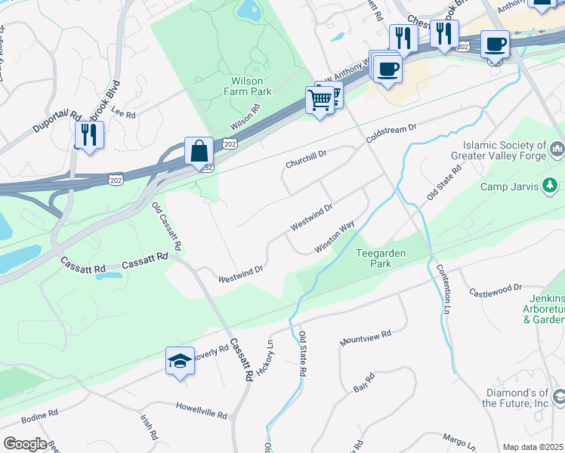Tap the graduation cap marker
click(181, 362)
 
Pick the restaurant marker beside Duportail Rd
click(89, 135)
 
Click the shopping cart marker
click(320, 100)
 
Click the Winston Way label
click(335, 237)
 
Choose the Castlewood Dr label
click(496, 289)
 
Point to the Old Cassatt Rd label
click(167, 227)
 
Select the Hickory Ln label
click(265, 360)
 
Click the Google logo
click(25, 444)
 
